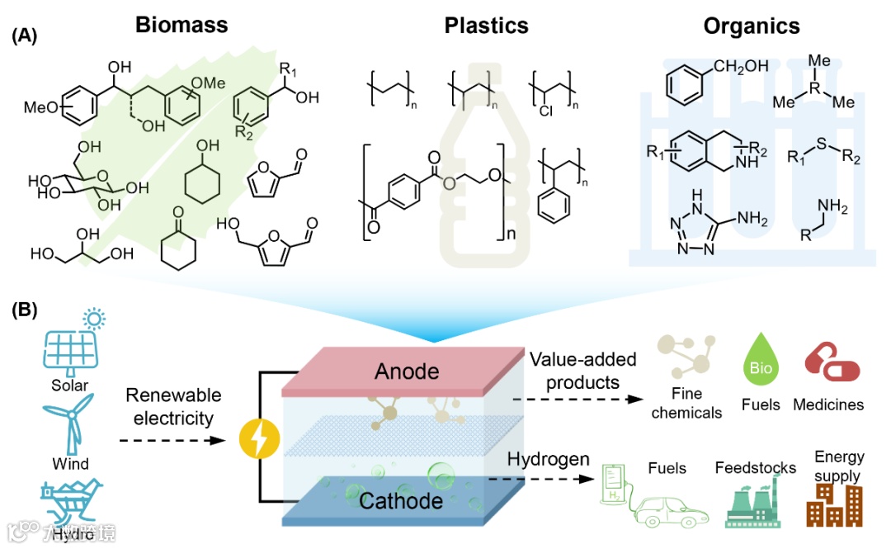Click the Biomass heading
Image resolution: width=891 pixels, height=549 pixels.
[x=181, y=26]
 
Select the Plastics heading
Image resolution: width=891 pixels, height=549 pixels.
[x=487, y=26]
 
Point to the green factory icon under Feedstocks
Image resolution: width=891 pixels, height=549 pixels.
[x=752, y=506]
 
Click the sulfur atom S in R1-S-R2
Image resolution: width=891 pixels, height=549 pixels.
[x=819, y=148]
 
